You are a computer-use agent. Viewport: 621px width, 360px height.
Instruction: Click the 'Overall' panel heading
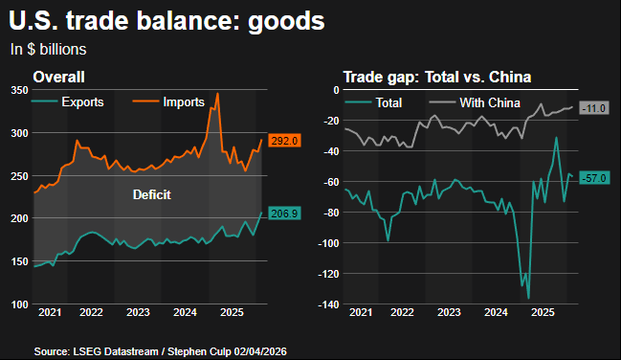[59, 77]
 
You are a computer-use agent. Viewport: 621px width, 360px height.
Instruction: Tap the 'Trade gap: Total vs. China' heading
[437, 77]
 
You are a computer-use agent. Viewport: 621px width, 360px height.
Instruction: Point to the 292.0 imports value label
[286, 141]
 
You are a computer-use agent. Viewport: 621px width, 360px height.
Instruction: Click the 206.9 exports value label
[286, 214]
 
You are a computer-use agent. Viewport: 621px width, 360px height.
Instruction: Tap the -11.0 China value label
[595, 108]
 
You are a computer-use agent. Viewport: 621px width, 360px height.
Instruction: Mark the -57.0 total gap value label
[595, 178]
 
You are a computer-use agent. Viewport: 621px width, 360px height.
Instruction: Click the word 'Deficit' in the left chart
[151, 195]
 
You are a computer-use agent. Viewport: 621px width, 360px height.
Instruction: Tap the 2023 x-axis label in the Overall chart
[138, 313]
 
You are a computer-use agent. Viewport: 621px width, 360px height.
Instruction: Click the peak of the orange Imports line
[217, 94]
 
